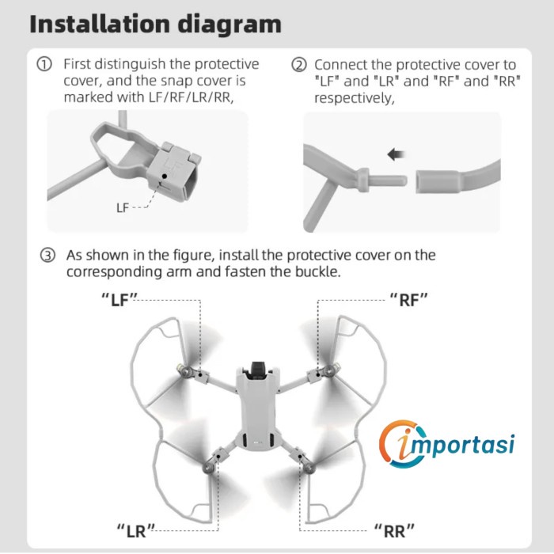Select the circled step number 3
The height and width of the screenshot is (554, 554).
[48, 256]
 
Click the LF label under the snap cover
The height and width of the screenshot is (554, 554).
[122, 207]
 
